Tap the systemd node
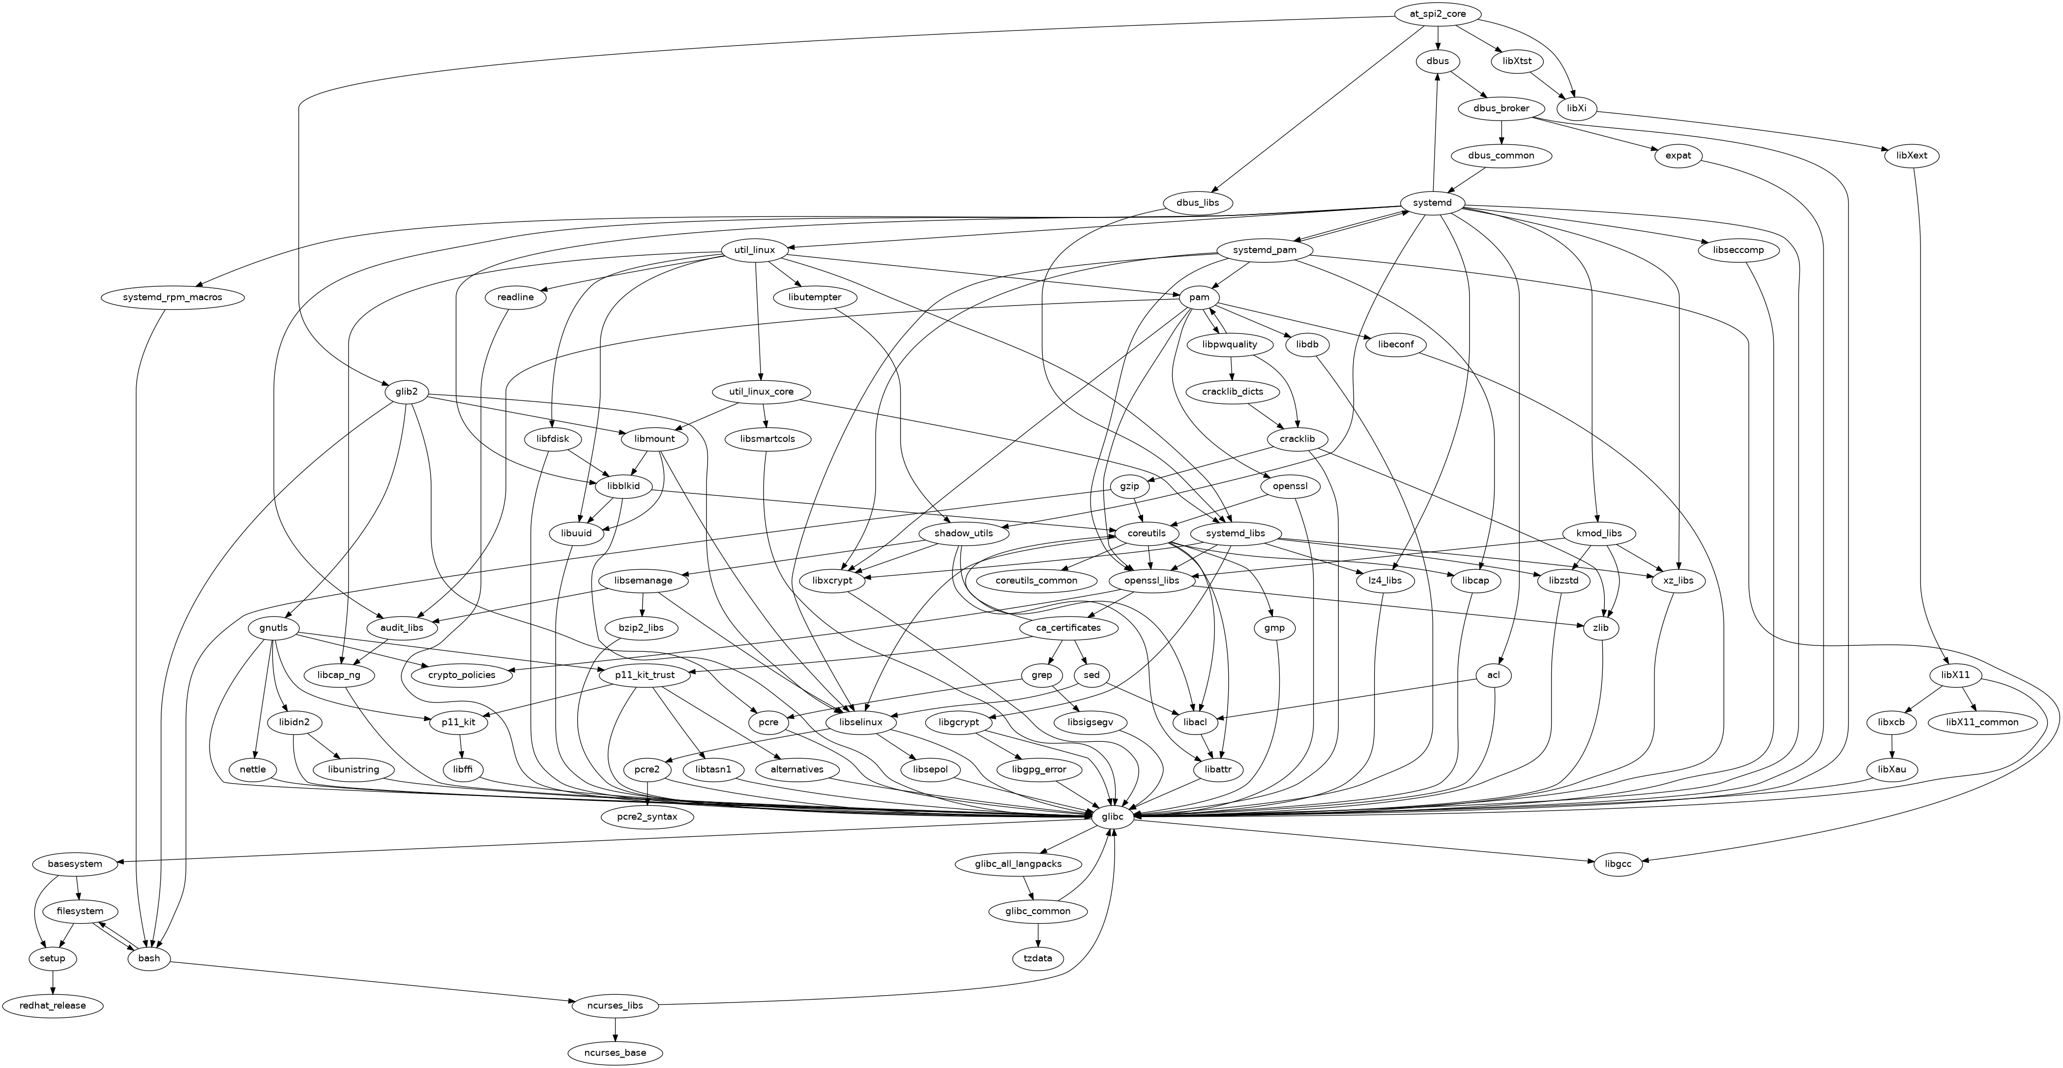pos(1432,203)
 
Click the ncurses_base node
pos(615,1052)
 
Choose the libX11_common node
pos(1981,722)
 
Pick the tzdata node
pos(1038,958)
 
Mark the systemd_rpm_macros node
pos(173,297)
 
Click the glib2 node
pos(406,392)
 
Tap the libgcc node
pos(1618,864)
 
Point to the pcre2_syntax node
pos(647,817)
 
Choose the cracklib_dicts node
pos(1233,392)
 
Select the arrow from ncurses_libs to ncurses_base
pos(615,1029)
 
